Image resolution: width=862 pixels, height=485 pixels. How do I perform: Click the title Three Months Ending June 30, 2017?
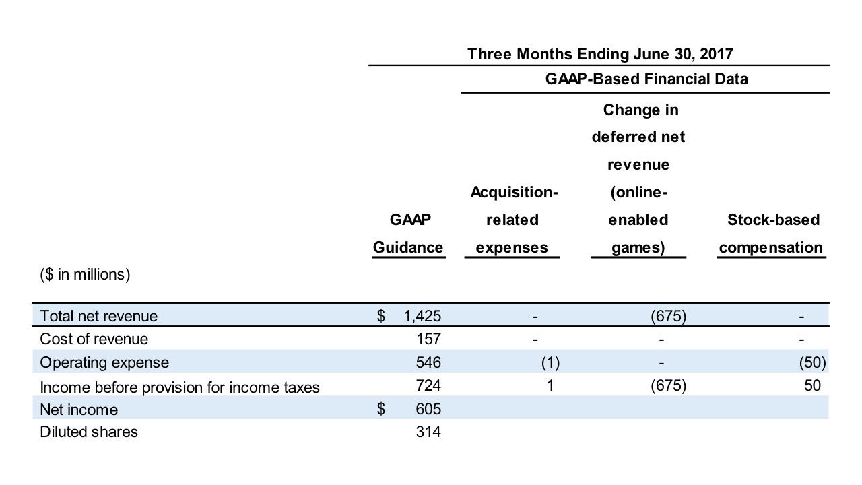pos(599,54)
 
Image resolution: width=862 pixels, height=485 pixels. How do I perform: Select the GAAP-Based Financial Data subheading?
pos(646,79)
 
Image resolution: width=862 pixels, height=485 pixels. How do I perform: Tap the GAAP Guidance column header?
pos(409,234)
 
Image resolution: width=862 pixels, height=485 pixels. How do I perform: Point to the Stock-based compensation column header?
pos(772,234)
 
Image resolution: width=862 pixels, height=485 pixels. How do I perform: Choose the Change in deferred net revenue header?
pos(638,179)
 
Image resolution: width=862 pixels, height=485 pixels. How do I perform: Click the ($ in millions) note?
pos(85,275)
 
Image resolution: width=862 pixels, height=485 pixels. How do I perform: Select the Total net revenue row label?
pos(98,316)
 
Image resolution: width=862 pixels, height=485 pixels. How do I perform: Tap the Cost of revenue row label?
pos(94,339)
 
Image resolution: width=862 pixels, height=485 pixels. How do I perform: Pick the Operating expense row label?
pos(104,362)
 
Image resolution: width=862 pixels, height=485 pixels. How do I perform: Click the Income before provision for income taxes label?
pos(180,387)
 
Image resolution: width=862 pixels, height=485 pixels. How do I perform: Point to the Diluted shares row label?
pos(89,432)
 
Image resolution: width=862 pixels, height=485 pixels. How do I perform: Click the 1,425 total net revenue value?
pos(422,316)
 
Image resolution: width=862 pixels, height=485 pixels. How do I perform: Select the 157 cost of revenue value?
pos(428,339)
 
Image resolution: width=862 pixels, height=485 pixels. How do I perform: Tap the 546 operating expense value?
pos(428,362)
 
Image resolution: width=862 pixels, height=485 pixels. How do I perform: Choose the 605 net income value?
pos(428,410)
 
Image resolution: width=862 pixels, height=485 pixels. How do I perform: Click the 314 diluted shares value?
pos(428,432)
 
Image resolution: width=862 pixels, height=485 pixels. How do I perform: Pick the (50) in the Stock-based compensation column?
pos(812,362)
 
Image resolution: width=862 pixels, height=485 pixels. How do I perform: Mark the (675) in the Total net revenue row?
pos(668,316)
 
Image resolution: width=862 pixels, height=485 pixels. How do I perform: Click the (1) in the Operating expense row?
pos(550,362)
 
